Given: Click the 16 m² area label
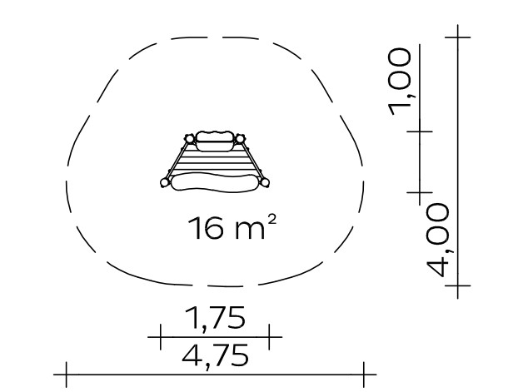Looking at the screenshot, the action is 232,227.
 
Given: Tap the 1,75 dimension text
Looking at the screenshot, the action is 215,317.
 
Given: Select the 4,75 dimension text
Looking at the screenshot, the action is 216,355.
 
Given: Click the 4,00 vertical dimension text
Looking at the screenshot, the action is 438,240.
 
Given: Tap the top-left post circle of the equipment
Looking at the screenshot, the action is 190,139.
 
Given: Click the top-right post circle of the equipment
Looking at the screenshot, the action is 240,139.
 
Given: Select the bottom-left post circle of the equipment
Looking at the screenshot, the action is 165,182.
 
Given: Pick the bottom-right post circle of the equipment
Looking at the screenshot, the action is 265,183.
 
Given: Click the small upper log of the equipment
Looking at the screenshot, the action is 215,141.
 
